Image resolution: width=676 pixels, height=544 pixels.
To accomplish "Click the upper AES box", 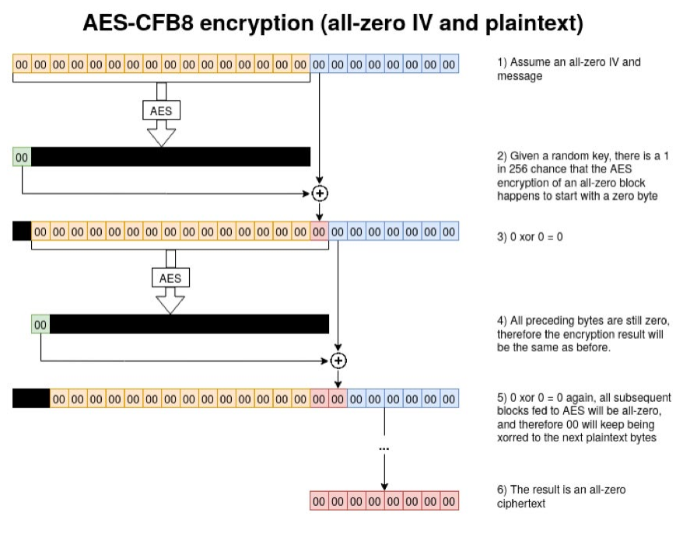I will (161, 111).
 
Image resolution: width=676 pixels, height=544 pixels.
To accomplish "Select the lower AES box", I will (170, 277).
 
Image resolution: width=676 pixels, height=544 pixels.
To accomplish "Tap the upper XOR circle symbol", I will (319, 193).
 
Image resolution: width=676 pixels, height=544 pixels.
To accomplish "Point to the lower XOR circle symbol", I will (338, 361).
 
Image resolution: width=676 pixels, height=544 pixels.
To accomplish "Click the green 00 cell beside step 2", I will (23, 157).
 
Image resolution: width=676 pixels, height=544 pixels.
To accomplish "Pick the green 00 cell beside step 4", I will (40, 324).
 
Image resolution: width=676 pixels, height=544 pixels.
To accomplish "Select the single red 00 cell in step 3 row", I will (319, 231).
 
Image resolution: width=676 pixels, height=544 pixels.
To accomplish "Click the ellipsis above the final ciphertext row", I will (384, 449).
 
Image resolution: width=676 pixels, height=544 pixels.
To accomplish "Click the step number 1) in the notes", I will (503, 62).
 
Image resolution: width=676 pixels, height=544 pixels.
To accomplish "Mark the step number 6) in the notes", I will (503, 490).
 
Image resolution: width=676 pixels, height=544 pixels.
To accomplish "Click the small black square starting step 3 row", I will (22, 231).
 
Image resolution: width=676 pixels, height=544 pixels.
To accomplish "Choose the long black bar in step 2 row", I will (170, 157).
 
